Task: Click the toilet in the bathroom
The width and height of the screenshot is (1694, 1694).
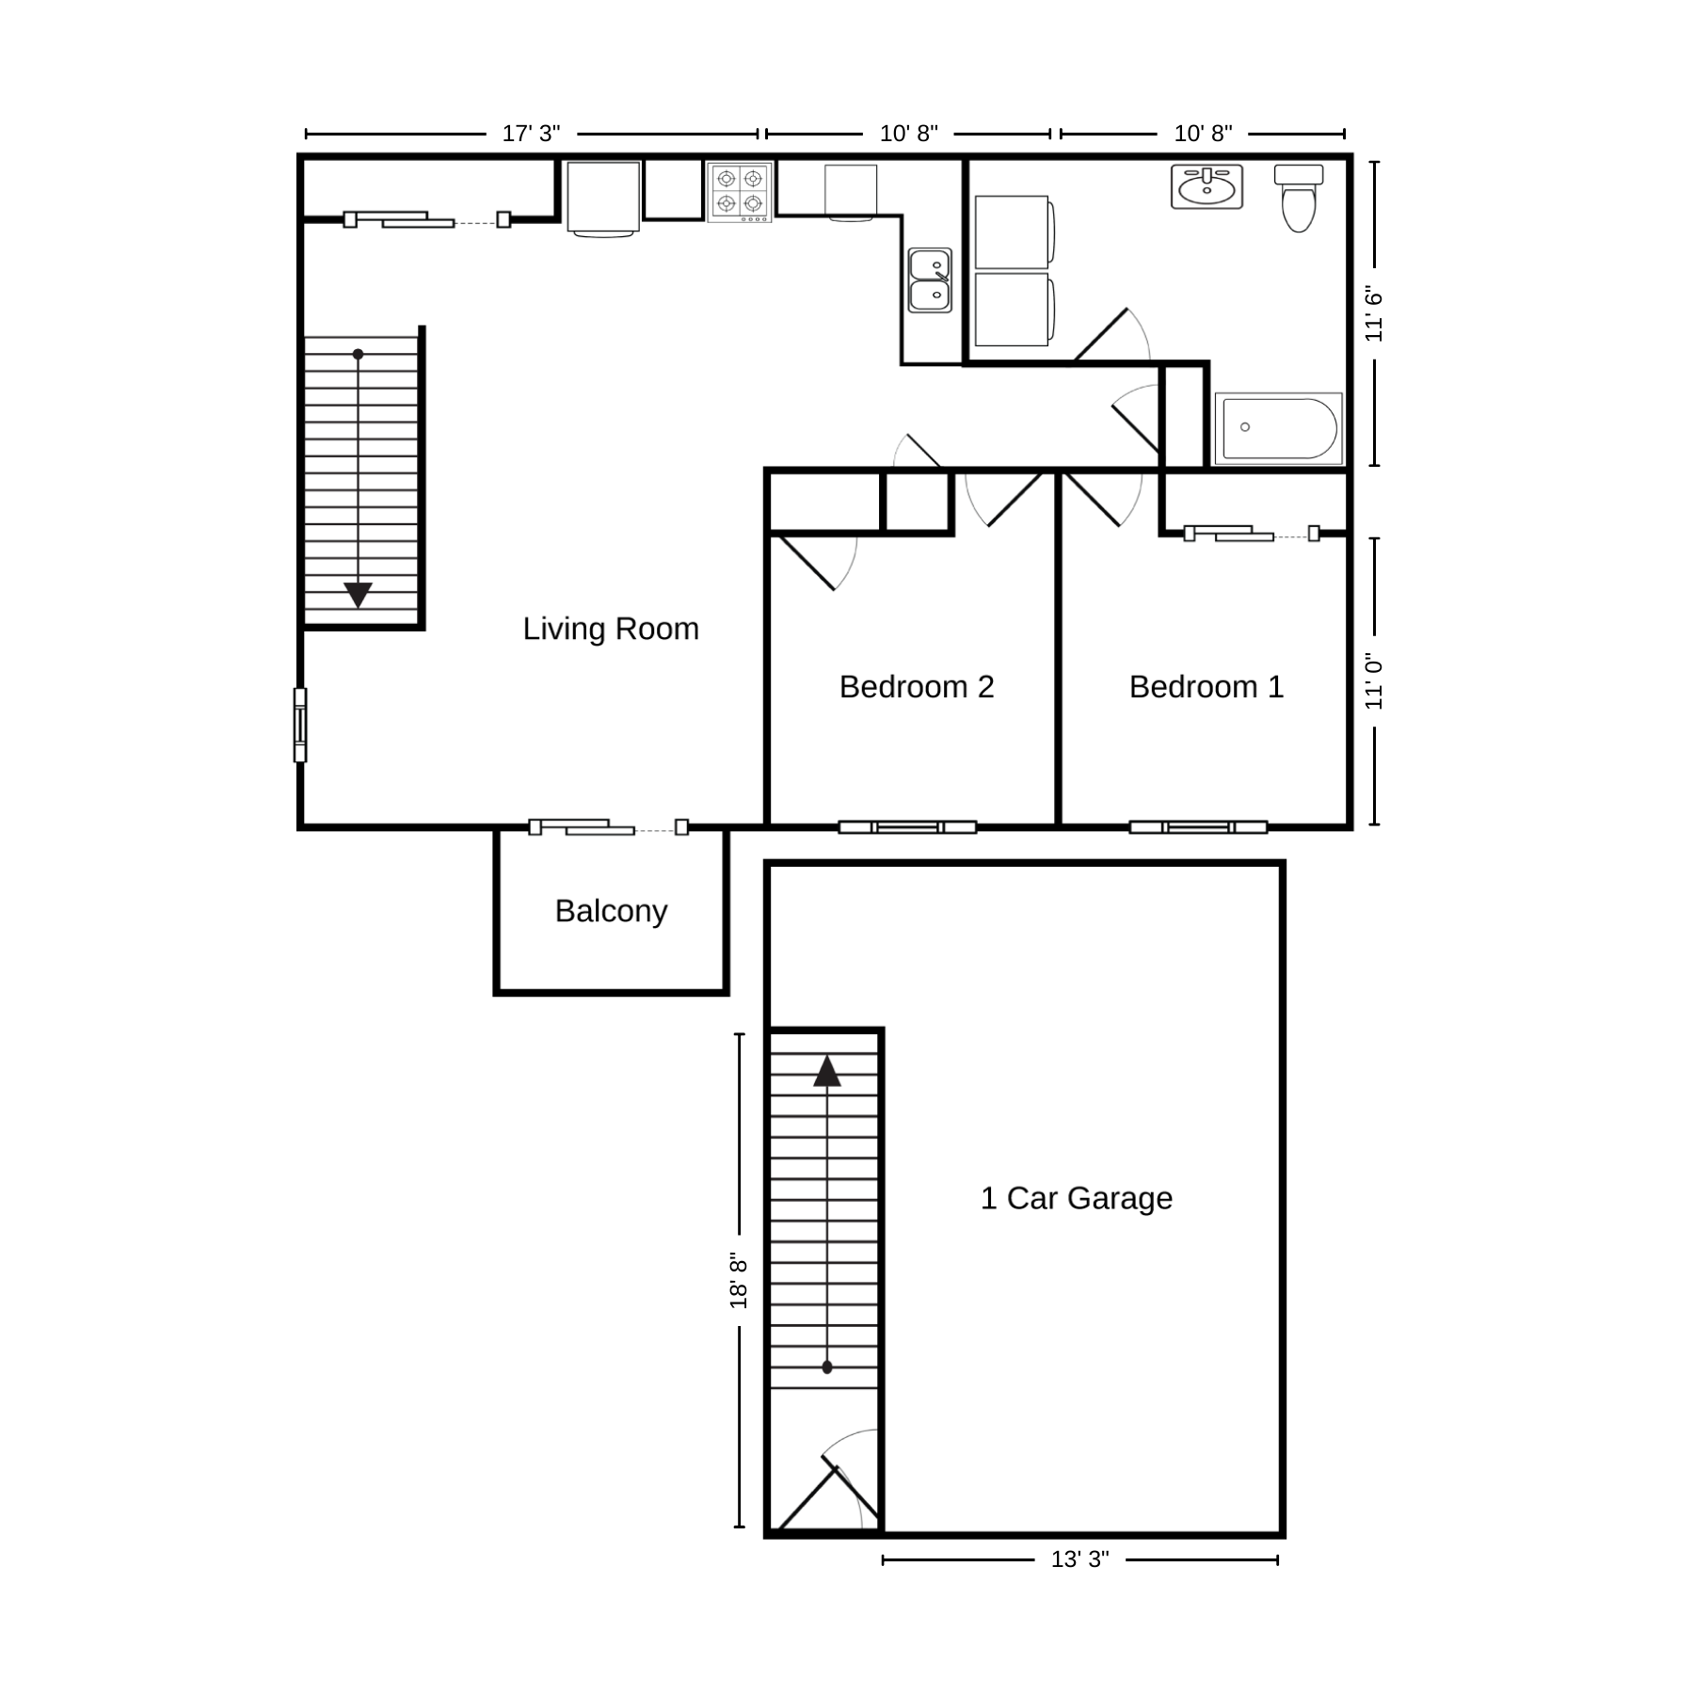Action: (1298, 199)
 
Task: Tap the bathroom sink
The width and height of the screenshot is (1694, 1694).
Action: (1207, 186)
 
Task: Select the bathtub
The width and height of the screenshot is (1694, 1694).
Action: (1278, 428)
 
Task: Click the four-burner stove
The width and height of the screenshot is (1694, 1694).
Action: (740, 191)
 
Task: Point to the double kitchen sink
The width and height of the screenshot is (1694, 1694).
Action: (930, 280)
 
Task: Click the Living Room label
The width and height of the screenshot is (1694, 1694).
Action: (611, 629)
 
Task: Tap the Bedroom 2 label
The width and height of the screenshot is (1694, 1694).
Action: (916, 687)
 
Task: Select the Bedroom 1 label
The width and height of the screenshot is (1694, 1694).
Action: (1206, 687)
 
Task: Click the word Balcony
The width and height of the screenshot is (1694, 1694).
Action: (611, 911)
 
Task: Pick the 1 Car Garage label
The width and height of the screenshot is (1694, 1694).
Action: (1076, 1198)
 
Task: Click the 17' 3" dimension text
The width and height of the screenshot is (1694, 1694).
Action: (531, 134)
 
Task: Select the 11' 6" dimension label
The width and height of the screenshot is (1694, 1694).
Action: (1374, 314)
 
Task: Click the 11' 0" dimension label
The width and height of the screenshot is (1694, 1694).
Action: (1374, 681)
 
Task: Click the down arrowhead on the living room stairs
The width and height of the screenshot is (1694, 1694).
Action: (358, 595)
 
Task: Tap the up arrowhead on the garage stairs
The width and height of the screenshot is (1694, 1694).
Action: (826, 1071)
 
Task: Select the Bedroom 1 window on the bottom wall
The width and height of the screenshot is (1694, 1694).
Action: (1197, 827)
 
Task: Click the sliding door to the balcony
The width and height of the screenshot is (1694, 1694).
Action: (608, 827)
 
